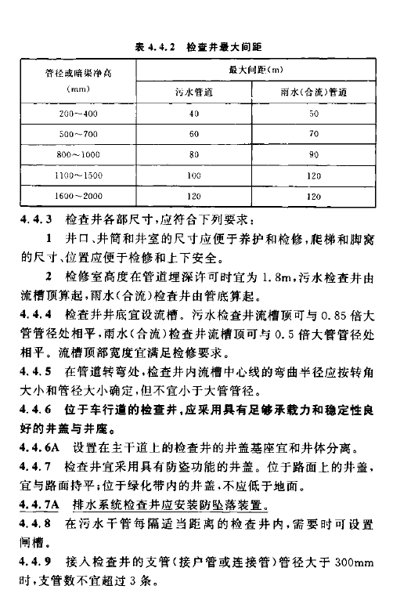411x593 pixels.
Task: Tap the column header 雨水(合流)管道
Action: point(312,92)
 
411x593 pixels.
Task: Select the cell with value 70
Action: point(312,134)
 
